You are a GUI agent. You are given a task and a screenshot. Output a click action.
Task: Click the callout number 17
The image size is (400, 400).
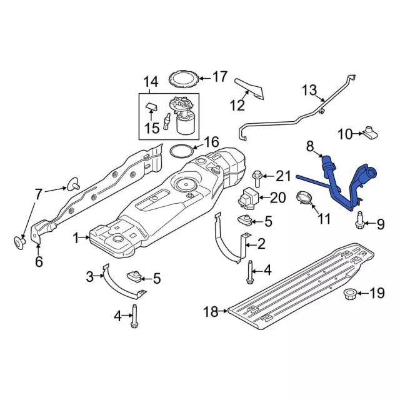click(220, 77)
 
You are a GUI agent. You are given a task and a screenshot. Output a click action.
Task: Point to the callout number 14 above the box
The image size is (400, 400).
click(151, 82)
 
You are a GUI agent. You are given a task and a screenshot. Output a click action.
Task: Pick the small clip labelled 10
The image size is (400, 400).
click(370, 132)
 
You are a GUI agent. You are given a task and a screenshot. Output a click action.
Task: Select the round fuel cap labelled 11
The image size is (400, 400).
click(304, 198)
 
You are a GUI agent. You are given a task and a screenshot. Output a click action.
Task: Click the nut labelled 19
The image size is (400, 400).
click(352, 293)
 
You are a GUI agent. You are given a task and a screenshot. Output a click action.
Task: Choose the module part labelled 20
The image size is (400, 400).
click(249, 197)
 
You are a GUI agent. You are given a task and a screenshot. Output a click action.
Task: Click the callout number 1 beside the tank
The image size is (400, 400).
click(77, 238)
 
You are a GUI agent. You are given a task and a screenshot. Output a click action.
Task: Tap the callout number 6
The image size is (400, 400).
click(39, 262)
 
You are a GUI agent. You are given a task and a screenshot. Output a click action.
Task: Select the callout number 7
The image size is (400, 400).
click(39, 194)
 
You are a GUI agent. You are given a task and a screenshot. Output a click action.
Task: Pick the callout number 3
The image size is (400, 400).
click(89, 276)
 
